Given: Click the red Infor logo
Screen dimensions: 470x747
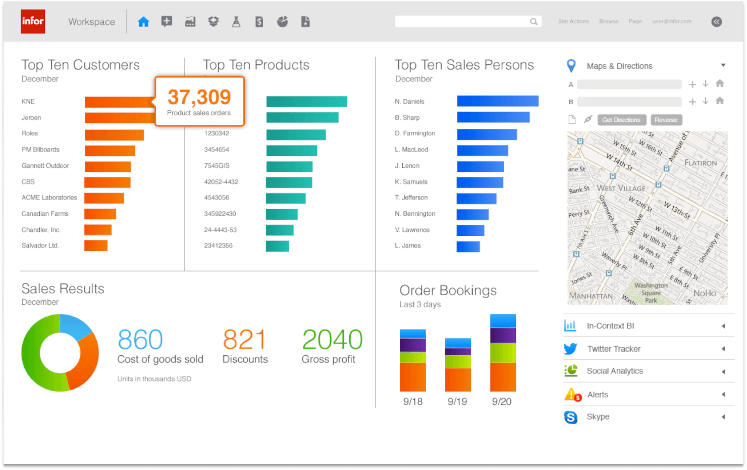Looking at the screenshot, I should pyautogui.click(x=33, y=22).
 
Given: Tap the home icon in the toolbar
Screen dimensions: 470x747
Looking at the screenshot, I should pyautogui.click(x=143, y=22).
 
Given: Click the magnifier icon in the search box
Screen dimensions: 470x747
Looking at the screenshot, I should pyautogui.click(x=533, y=21).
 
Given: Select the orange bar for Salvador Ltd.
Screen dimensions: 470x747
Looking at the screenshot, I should pyautogui.click(x=96, y=246).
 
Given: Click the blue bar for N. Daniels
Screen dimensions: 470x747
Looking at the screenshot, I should pyautogui.click(x=498, y=101).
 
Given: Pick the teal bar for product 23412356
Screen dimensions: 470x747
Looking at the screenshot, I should pyautogui.click(x=277, y=246).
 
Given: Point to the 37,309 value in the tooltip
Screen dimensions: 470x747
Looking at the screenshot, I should pyautogui.click(x=199, y=97).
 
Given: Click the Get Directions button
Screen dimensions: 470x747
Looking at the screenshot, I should pyautogui.click(x=621, y=120).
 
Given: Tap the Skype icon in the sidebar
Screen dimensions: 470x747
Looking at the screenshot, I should pyautogui.click(x=571, y=417).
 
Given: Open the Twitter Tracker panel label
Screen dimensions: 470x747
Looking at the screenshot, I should pyautogui.click(x=614, y=349).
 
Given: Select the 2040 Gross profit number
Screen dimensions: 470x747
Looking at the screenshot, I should pyautogui.click(x=332, y=340).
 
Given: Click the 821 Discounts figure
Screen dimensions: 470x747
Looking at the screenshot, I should pyautogui.click(x=244, y=340).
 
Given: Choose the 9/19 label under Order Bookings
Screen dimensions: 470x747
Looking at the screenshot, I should pyautogui.click(x=457, y=402).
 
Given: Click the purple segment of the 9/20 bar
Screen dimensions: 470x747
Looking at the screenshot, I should pyautogui.click(x=503, y=335).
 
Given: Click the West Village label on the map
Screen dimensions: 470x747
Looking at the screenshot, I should pyautogui.click(x=621, y=188).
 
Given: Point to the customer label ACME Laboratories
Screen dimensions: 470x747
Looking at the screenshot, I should pyautogui.click(x=49, y=198).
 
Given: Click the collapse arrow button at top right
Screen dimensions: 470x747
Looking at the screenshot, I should pyautogui.click(x=716, y=22).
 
